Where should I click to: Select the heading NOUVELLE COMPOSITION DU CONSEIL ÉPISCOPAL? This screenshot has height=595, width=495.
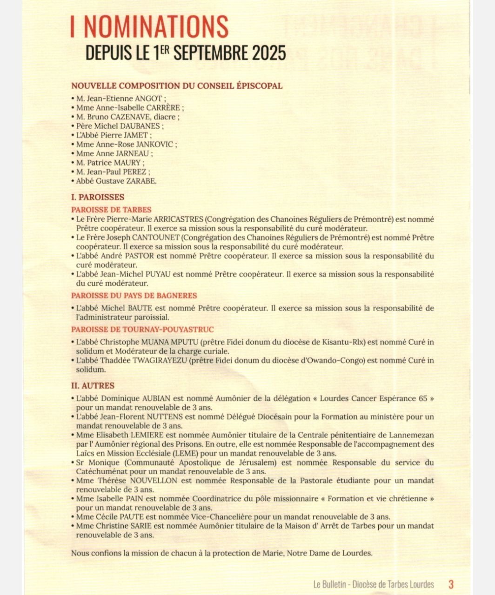point(177,86)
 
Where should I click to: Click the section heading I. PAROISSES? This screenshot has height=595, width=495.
point(98,197)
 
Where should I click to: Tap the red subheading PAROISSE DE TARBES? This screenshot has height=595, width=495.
point(111,210)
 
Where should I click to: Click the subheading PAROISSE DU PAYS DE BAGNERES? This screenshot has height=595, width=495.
point(134,296)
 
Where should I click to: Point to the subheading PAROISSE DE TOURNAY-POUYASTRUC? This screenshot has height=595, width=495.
point(142,330)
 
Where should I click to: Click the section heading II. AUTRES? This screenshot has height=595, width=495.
point(93,386)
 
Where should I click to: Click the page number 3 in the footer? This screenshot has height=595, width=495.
point(451,584)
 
